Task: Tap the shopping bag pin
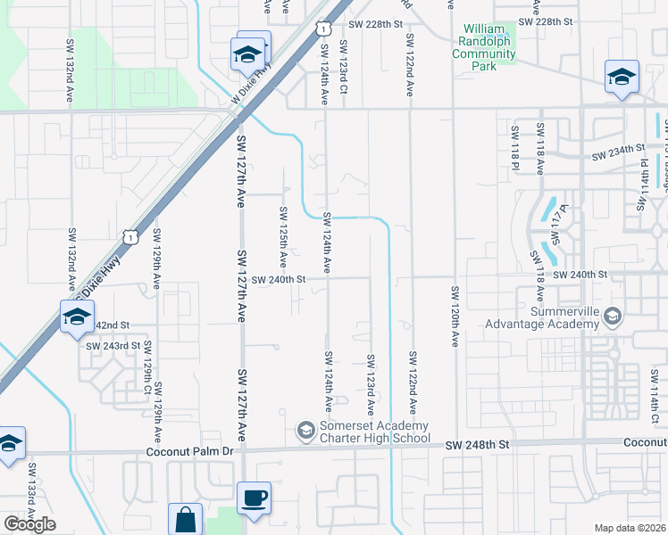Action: pyautogui.click(x=186, y=519)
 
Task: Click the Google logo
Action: pyautogui.click(x=29, y=524)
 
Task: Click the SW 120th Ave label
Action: pyautogui.click(x=455, y=317)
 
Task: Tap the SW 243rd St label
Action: pyautogui.click(x=113, y=345)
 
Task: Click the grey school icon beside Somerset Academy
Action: pyautogui.click(x=305, y=432)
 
